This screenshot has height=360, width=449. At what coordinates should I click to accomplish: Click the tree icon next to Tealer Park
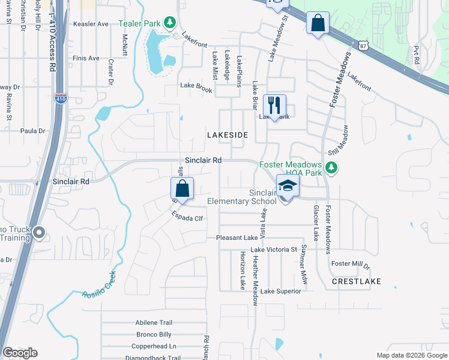click(x=170, y=23)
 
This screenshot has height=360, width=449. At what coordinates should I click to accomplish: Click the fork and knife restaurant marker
click(x=274, y=105)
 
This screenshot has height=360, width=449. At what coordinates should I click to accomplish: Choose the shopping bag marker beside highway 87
click(x=318, y=23)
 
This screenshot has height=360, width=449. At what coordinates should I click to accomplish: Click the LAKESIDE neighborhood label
click(x=228, y=136)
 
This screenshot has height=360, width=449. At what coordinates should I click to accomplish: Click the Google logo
click(x=20, y=353)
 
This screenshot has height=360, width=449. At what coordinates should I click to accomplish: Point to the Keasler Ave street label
click(x=90, y=24)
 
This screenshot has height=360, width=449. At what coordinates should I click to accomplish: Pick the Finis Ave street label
click(x=85, y=58)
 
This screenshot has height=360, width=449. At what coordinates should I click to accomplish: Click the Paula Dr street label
click(x=33, y=131)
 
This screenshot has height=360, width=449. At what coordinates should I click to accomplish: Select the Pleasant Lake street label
click(x=237, y=238)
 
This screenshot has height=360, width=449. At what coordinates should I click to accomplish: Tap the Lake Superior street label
click(x=281, y=291)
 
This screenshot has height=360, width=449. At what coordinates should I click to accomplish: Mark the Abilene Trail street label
click(x=154, y=322)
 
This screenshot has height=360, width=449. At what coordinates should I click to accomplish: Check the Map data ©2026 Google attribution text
click(x=411, y=355)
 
